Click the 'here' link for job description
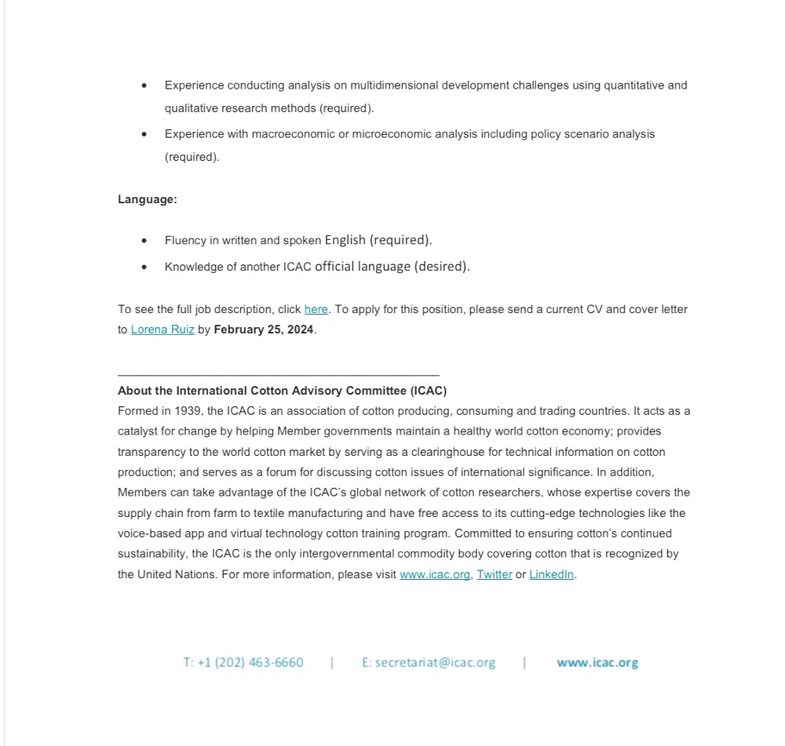tap(316, 309)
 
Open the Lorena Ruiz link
tap(162, 329)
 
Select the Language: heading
tap(148, 199)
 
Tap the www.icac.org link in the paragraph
tap(435, 574)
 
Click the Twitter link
tap(495, 574)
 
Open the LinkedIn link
tap(551, 574)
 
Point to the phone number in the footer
tap(243, 662)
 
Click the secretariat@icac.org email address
tap(429, 662)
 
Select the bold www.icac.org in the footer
tap(597, 662)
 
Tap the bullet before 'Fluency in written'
tap(144, 241)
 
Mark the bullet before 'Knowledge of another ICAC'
tap(144, 267)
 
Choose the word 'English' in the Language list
tap(345, 240)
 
